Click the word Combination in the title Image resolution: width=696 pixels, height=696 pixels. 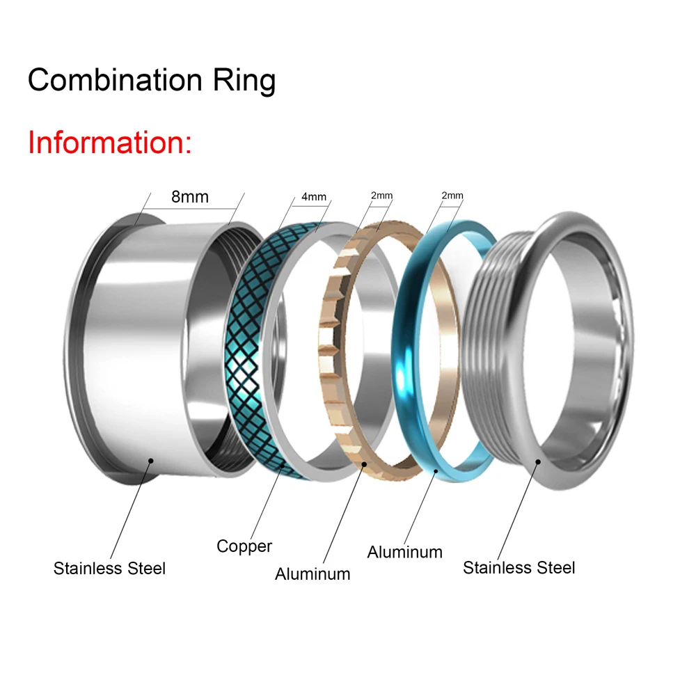pos(115,80)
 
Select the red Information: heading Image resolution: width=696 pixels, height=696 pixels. pos(110,143)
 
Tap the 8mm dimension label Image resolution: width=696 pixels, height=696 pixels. pos(190,197)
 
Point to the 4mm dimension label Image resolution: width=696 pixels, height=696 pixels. pos(314,197)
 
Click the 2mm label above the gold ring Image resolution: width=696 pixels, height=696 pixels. pos(381,196)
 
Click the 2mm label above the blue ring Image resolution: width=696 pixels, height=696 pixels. pos(452,196)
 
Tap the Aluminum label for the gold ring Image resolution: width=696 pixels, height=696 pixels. pos(313,574)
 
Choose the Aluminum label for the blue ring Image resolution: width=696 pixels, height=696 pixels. pos(405,552)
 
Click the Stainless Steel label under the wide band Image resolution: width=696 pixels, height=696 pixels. pos(110,568)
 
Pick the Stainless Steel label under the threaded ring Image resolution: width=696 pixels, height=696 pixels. pos(519,568)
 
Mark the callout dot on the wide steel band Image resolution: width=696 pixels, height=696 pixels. pos(151,461)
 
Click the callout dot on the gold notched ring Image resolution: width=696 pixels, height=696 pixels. pos(364,464)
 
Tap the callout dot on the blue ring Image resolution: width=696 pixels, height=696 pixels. pos(436,471)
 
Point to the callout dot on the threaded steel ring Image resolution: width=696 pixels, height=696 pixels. pos(538,462)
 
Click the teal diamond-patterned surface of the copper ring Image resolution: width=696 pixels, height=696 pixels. pos(243,351)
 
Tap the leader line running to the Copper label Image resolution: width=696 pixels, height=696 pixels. pos(267,503)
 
